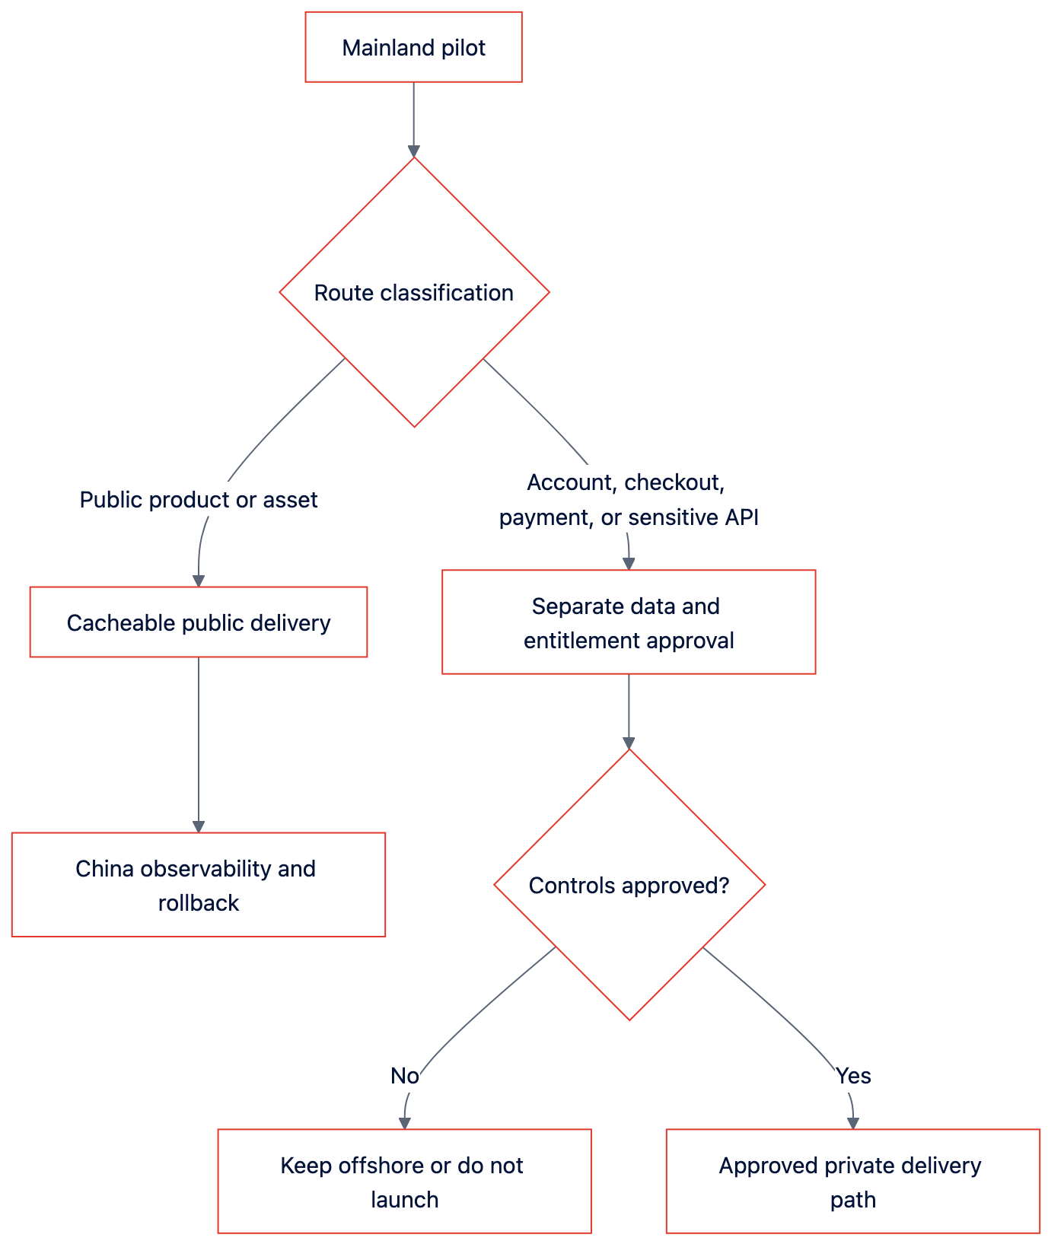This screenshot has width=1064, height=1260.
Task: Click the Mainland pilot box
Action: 413,47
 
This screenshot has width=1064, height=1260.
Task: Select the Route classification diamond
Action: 414,292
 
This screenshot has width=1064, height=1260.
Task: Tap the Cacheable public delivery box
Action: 199,622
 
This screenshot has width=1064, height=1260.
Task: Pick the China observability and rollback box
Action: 199,885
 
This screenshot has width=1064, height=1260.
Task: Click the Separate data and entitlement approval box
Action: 629,622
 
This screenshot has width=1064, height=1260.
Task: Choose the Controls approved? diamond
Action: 629,885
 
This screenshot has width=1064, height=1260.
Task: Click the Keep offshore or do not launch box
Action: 404,1182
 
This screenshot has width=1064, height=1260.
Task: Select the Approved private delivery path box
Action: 852,1182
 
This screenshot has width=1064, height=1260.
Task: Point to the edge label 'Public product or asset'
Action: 199,500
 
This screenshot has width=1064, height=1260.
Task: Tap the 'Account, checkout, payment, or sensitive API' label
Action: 629,500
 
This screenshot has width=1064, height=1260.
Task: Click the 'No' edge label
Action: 404,1076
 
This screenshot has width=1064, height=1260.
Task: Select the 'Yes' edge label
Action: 853,1076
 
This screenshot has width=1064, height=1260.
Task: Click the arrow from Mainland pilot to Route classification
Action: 414,119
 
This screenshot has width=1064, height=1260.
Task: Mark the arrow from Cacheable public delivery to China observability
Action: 199,745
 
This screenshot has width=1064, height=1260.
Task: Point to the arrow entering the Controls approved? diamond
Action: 629,712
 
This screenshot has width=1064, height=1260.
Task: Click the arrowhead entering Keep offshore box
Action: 404,1123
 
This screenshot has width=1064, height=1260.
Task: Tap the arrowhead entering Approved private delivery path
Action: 852,1123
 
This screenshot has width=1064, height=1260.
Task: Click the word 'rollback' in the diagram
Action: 199,902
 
